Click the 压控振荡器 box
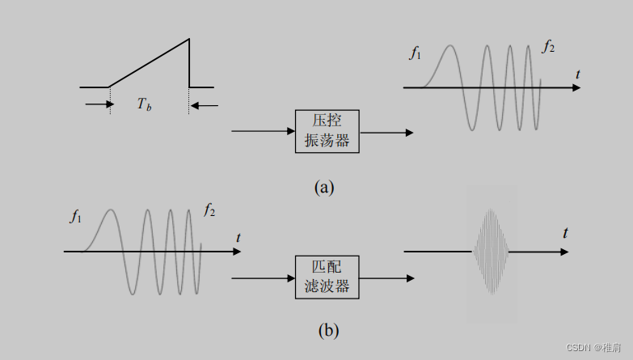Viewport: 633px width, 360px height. [x=327, y=130]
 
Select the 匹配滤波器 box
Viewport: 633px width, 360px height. [x=327, y=277]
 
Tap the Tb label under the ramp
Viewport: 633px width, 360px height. [x=144, y=104]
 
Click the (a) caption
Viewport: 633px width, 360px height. [x=323, y=188]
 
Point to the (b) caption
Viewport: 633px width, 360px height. [x=328, y=330]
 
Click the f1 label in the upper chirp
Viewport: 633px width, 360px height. [x=416, y=54]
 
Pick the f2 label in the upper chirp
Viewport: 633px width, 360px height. [x=548, y=47]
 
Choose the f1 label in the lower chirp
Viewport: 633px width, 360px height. [x=76, y=216]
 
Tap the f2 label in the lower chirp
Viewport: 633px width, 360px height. [x=209, y=211]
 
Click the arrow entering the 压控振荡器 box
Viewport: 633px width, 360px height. [x=263, y=130]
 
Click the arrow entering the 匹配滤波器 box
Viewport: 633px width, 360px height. [x=263, y=278]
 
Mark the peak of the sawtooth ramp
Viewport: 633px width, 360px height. [x=188, y=39]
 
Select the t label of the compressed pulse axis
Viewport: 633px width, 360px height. [x=565, y=234]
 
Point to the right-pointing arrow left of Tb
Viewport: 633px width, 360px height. [x=98, y=104]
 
